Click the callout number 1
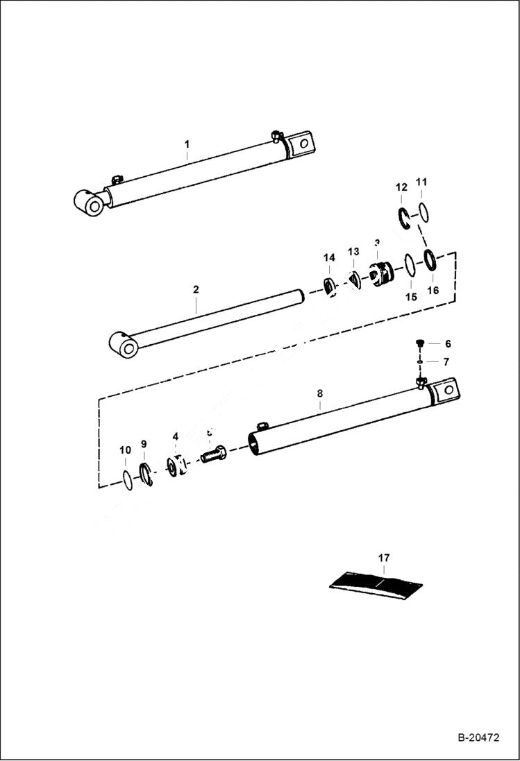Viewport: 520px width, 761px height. click(187, 144)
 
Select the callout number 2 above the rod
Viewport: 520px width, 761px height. click(196, 289)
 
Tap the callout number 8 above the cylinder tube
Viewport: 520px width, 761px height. click(319, 393)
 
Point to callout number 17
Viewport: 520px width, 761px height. click(384, 558)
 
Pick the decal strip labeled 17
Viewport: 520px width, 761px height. click(377, 581)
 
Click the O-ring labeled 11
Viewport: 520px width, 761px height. click(423, 212)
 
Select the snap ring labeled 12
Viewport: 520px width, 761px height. click(404, 217)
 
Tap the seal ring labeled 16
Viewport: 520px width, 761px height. click(430, 262)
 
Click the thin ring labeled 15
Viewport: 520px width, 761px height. click(410, 265)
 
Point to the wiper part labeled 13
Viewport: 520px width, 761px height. click(355, 280)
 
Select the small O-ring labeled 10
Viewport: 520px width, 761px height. click(126, 480)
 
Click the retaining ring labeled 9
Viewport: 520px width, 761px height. click(146, 474)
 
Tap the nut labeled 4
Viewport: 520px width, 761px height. click(176, 465)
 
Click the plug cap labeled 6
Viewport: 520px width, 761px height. click(420, 343)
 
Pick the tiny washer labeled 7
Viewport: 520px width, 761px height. click(420, 361)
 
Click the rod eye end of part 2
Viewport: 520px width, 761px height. click(125, 343)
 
